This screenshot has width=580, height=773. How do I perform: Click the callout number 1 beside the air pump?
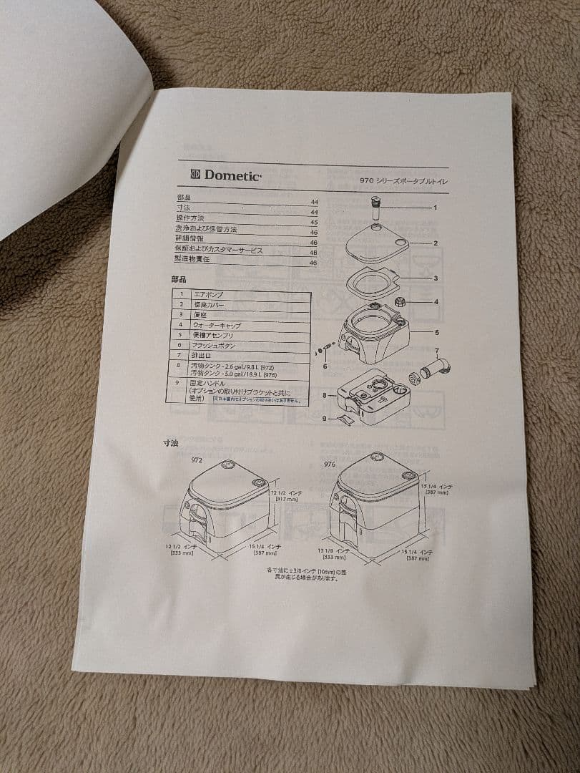point(434,207)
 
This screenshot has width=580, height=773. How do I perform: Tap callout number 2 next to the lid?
point(435,243)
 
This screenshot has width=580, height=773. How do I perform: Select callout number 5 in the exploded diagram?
point(436,332)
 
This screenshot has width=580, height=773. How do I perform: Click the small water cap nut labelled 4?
point(401,302)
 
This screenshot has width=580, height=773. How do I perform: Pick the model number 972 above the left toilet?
point(197,461)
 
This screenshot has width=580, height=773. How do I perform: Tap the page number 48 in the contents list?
point(313,253)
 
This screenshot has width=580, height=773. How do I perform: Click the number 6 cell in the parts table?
point(180,345)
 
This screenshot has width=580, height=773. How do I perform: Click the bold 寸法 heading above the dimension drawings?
point(170,443)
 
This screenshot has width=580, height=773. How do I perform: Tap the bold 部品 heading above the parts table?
point(178,279)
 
